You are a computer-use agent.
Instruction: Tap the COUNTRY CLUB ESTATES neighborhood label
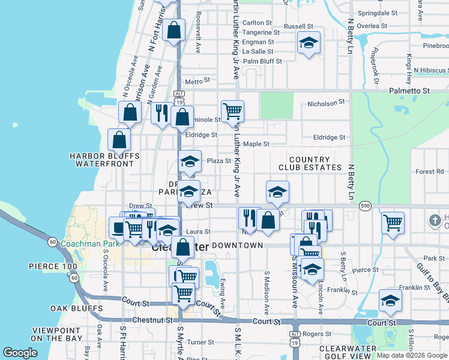click(x=310, y=163)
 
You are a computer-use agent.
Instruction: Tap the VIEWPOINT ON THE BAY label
click(x=57, y=334)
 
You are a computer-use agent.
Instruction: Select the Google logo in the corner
click(x=20, y=353)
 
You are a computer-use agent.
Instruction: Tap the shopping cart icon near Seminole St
click(x=232, y=110)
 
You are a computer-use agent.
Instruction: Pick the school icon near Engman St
click(x=309, y=43)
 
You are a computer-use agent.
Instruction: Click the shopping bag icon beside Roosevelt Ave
click(x=173, y=30)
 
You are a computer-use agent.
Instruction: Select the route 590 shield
click(x=365, y=206)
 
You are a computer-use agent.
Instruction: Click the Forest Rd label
click(x=429, y=172)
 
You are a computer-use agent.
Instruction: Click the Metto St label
click(x=198, y=80)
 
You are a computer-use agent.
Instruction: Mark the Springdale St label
click(x=378, y=13)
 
